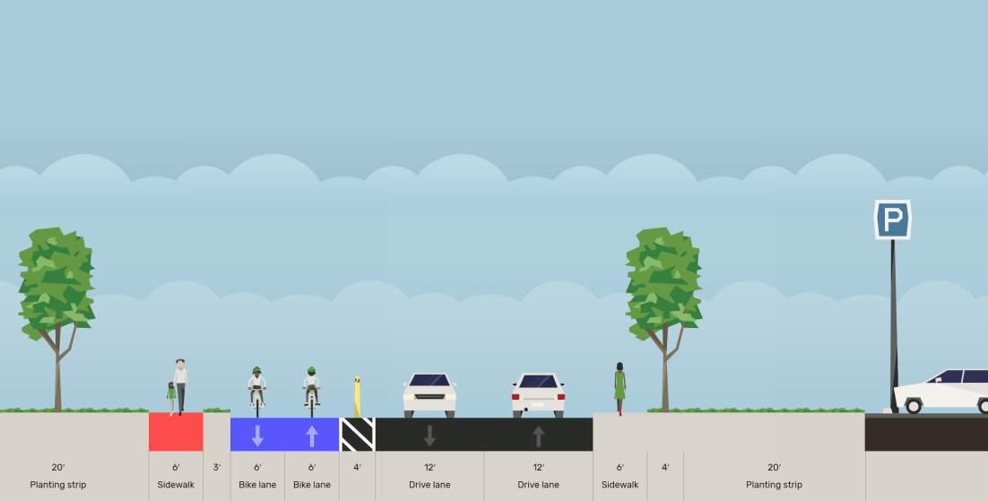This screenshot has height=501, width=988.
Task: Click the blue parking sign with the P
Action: click(x=892, y=220)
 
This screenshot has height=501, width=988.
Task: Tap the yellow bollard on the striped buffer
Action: click(x=358, y=397)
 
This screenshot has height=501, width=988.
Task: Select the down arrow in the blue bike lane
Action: click(x=257, y=436)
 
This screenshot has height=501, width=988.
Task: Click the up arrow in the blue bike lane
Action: click(x=312, y=436)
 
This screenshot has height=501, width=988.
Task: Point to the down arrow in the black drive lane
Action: click(x=429, y=436)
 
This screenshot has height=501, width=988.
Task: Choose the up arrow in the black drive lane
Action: click(x=538, y=436)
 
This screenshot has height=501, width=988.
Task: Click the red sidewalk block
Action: click(x=176, y=432)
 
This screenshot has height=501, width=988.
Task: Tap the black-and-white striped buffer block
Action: click(x=357, y=434)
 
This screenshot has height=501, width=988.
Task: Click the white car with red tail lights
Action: click(x=538, y=394)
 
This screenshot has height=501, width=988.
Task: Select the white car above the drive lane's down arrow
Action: click(x=429, y=394)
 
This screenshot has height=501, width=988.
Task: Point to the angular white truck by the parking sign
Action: click(x=941, y=392)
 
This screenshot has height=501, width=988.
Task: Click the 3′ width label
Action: click(x=217, y=467)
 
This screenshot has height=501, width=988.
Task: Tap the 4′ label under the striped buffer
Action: click(x=357, y=467)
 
